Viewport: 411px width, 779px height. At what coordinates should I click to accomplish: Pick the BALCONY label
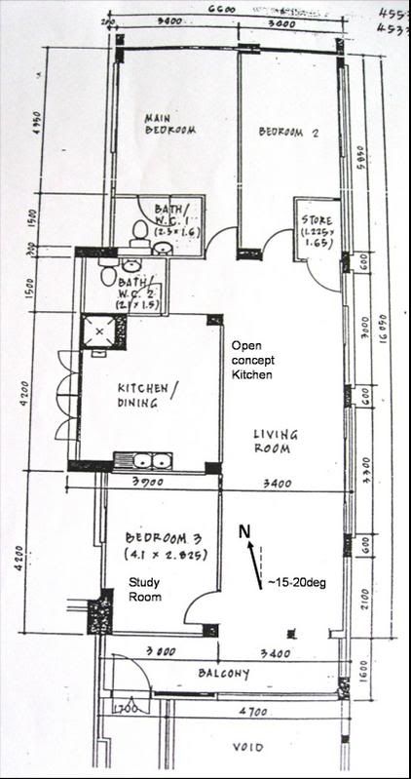tap(225, 673)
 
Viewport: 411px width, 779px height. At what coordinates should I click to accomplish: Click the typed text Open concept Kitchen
tap(251, 361)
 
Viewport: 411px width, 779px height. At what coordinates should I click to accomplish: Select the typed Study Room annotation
tap(145, 589)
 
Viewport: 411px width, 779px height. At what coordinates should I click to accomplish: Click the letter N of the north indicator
tap(245, 530)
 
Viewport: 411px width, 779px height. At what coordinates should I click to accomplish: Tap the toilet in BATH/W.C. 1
tap(140, 231)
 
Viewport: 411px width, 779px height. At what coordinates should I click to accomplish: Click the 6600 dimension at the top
tap(222, 9)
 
